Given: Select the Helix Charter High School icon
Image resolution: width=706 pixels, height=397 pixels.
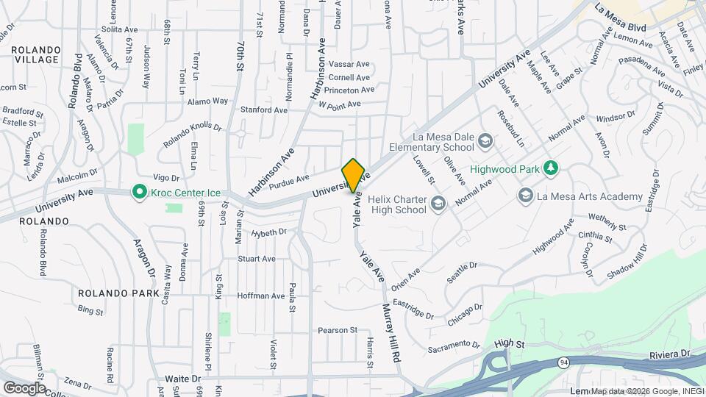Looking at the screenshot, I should pyautogui.click(x=438, y=203).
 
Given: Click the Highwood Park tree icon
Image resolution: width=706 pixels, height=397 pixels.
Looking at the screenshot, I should pyautogui.click(x=550, y=169).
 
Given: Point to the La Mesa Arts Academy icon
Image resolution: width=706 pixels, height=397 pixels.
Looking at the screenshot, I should pyautogui.click(x=525, y=196).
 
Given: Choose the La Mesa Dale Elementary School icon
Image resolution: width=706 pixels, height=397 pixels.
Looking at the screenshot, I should pyautogui.click(x=485, y=140).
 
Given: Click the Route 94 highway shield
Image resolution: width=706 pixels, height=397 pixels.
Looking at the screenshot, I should pyautogui.click(x=563, y=362).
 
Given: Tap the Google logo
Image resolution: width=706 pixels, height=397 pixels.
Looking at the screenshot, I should pyautogui.click(x=24, y=387).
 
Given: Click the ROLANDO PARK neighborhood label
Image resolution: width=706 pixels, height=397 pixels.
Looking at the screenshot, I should pyautogui.click(x=118, y=293).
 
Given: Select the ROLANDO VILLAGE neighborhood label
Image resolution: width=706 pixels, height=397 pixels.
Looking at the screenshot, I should pyautogui.click(x=35, y=54).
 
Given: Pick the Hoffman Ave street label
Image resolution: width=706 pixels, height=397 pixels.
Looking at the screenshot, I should pyautogui.click(x=260, y=296).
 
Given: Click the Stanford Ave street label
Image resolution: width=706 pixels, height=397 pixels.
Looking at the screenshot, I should pyautogui.click(x=264, y=110).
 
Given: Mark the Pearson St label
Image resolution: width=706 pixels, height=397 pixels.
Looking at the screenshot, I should pyautogui.click(x=337, y=330).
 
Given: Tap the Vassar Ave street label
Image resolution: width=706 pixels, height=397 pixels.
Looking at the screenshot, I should pyautogui.click(x=349, y=64).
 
